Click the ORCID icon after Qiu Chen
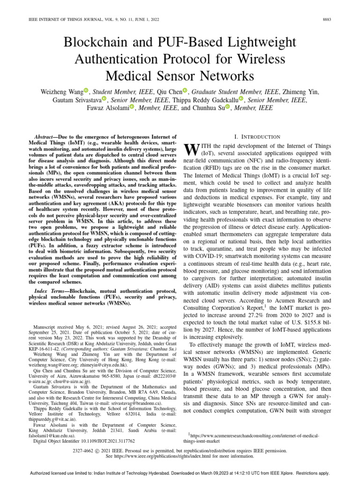click(185, 91)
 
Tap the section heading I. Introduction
click(257, 136)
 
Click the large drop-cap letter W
click(193, 150)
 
